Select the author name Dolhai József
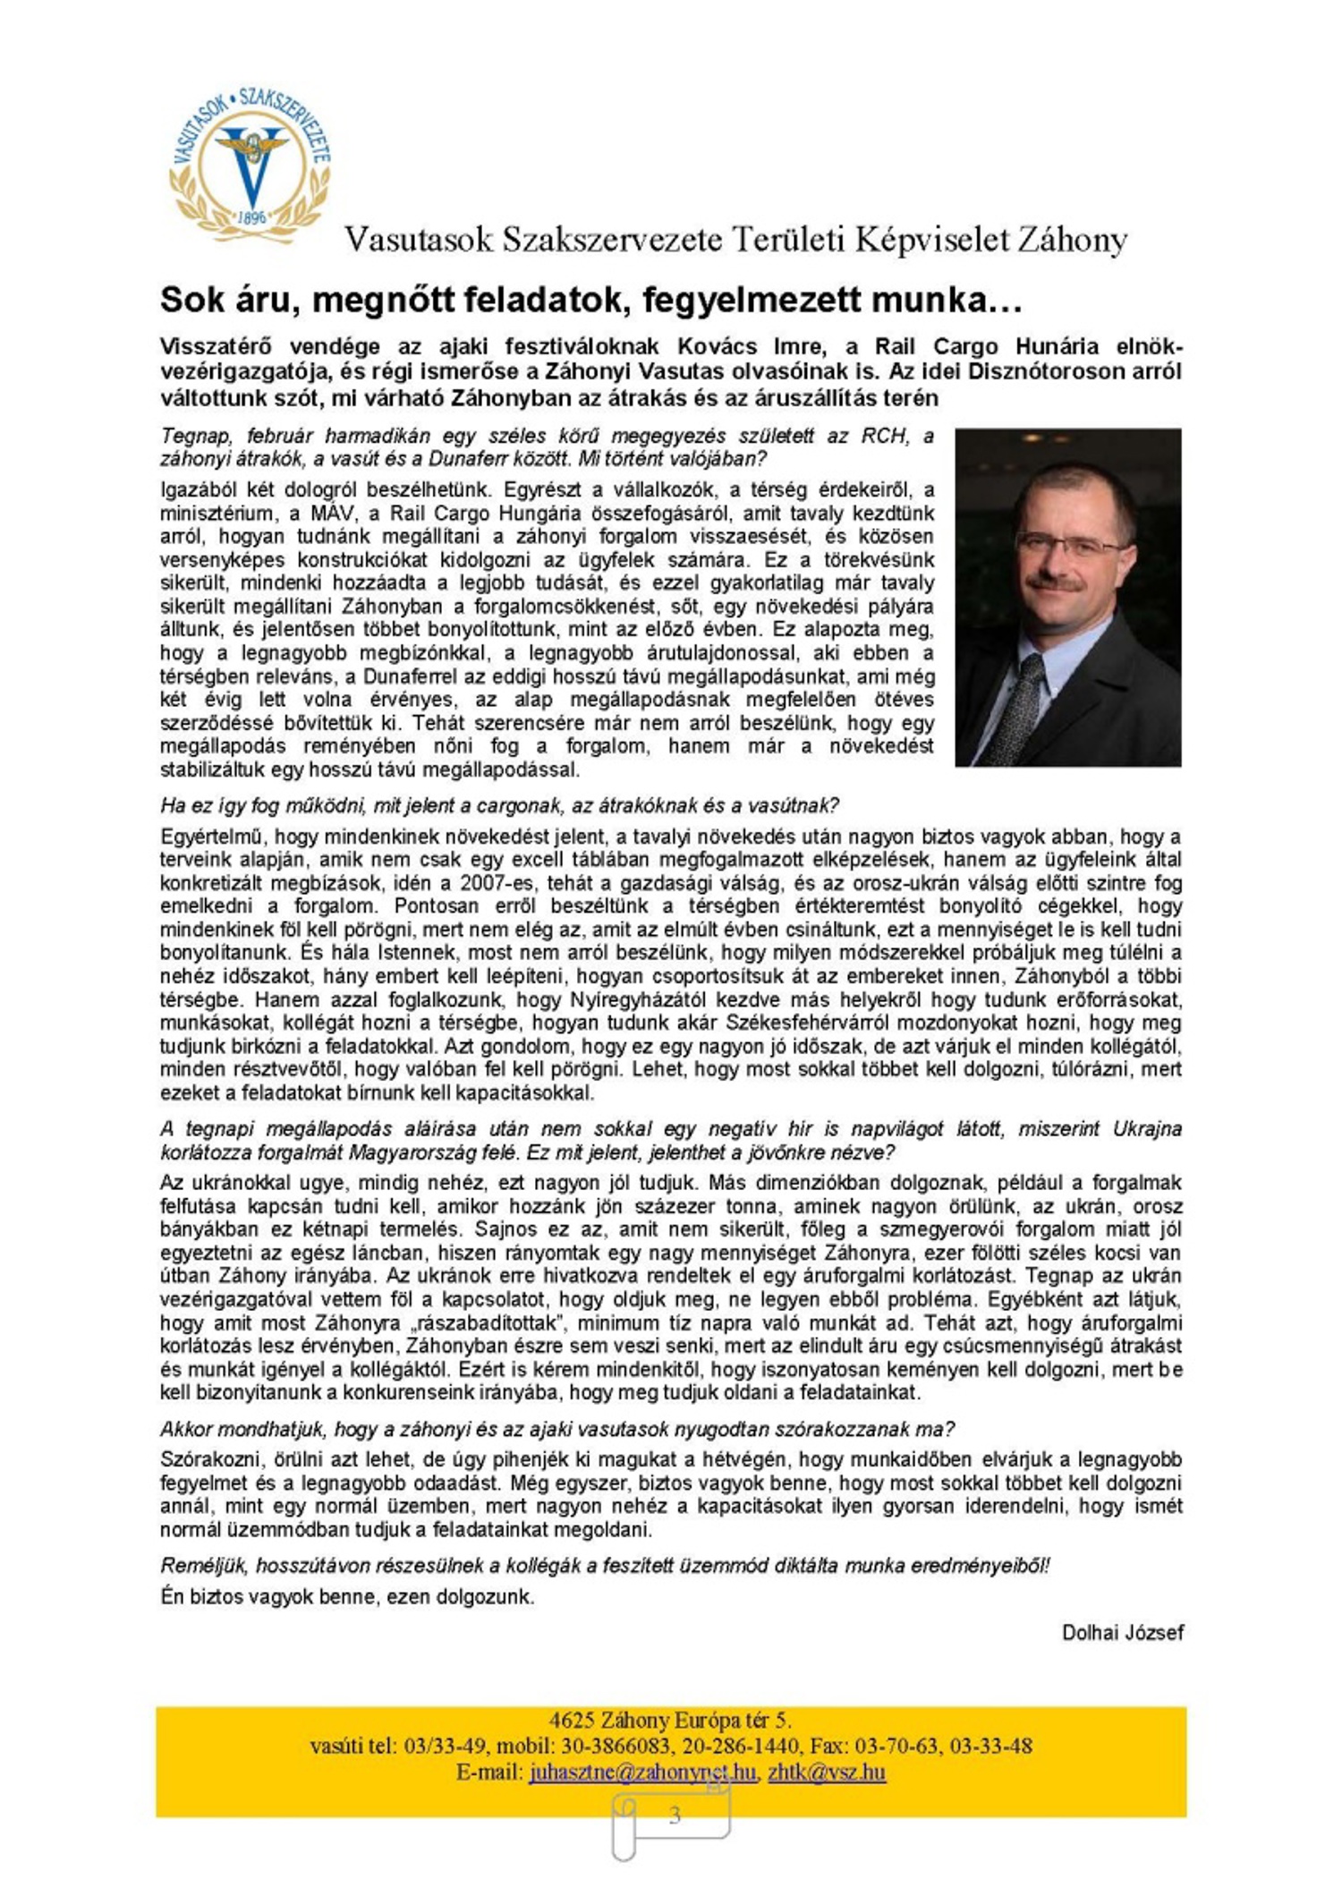[x=1122, y=1633]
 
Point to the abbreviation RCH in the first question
[x=883, y=437]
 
